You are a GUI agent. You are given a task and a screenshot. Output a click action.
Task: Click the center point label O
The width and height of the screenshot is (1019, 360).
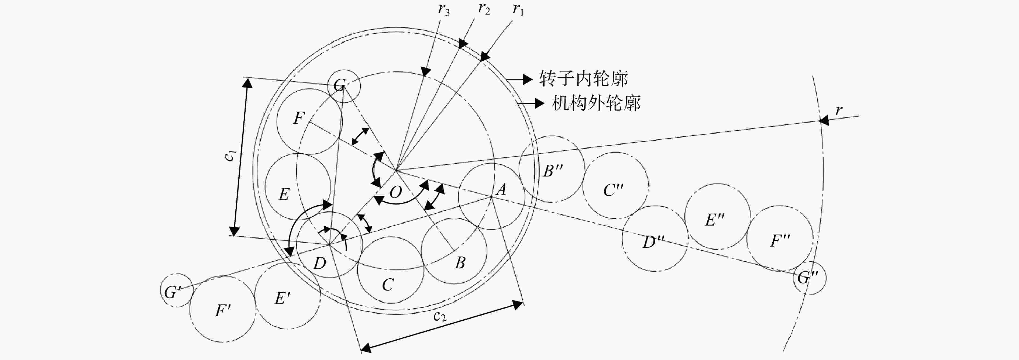pos(395,192)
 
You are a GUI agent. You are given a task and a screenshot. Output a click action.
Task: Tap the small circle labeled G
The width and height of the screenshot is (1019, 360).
pos(344,86)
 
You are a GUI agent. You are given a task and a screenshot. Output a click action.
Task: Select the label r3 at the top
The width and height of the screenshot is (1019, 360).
pos(444,9)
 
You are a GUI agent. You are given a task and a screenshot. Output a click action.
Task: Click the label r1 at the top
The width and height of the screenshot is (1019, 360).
pos(518,9)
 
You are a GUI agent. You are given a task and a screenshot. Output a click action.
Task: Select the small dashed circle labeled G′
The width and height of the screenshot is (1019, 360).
pos(177,290)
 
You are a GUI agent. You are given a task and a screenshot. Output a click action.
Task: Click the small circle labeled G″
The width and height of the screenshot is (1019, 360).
pos(810,278)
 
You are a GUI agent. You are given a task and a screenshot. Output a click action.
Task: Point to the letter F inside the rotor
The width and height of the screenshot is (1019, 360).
pos(299,118)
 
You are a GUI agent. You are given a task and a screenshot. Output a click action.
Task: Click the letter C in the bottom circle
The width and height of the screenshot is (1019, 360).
pos(388,285)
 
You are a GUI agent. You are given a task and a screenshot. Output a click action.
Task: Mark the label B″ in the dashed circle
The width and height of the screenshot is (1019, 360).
pos(553,171)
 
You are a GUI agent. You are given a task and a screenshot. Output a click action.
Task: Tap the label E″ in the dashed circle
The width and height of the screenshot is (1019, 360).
pos(714,220)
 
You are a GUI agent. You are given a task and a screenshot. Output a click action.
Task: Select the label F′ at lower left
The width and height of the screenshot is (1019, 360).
pos(223,311)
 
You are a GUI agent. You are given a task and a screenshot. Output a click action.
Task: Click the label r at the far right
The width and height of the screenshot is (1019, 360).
pos(839,110)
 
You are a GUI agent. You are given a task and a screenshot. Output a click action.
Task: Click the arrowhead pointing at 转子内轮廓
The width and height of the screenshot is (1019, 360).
pos(527,79)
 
